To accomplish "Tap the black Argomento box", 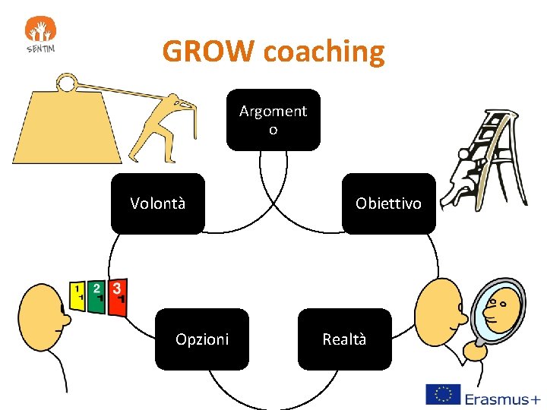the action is (x=273, y=120).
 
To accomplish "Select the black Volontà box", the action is (x=158, y=203).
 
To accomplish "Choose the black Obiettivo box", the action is (x=388, y=203).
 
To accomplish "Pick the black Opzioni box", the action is (x=202, y=339).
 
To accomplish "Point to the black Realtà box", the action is (x=344, y=339).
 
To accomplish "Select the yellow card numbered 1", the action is (x=77, y=294).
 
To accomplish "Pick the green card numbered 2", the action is (x=96, y=292).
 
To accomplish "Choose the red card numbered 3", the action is (x=117, y=293).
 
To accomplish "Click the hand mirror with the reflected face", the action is (x=497, y=310).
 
